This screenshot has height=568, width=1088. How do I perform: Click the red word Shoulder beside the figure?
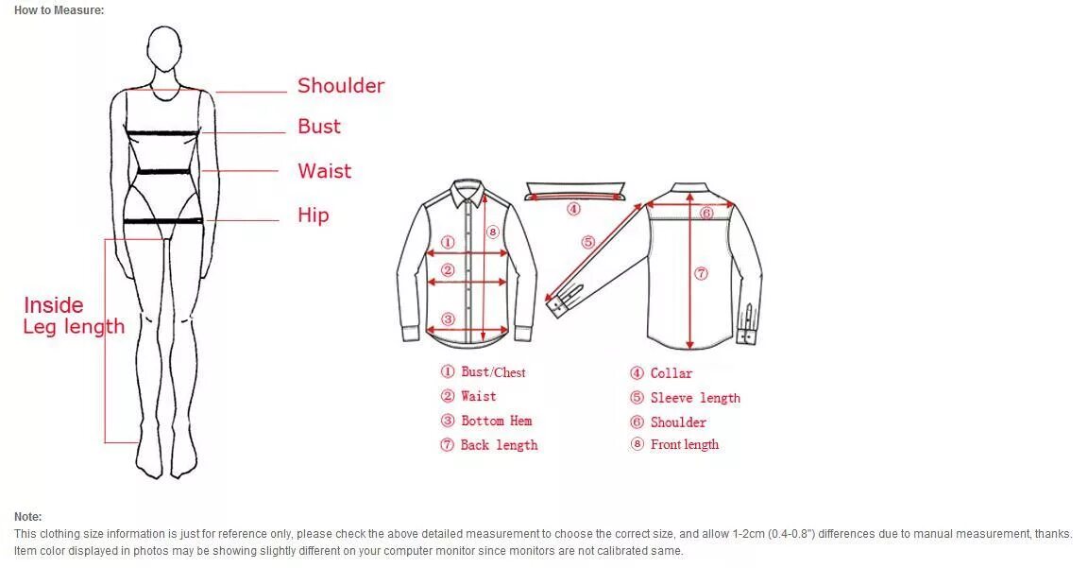point(341,86)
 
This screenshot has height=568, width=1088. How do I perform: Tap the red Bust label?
point(319,127)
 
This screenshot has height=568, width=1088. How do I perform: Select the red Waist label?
point(324,171)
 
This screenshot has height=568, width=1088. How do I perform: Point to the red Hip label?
point(314,215)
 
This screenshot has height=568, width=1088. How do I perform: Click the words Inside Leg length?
point(73,316)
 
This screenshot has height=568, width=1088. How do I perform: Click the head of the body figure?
point(165,48)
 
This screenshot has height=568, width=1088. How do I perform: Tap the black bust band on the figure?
point(164,133)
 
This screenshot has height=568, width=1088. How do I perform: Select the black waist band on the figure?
point(164,172)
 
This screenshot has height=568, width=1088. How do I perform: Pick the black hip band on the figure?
point(163,221)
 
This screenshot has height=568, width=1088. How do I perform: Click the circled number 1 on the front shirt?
point(449,243)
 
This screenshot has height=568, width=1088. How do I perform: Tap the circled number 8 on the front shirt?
point(492,232)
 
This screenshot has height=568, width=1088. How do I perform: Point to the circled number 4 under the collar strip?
point(573,209)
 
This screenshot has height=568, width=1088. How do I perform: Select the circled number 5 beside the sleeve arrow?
point(588,242)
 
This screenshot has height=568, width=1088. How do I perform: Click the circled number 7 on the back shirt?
point(701,274)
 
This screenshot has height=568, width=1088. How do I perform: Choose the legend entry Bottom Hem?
point(496,421)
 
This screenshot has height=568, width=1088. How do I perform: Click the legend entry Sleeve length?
point(694,398)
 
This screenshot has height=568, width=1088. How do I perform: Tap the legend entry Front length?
point(684,444)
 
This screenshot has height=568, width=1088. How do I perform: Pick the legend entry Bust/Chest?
point(492,372)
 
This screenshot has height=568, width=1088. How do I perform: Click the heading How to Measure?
point(59,10)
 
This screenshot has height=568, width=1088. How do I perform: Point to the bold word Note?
point(27,517)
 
